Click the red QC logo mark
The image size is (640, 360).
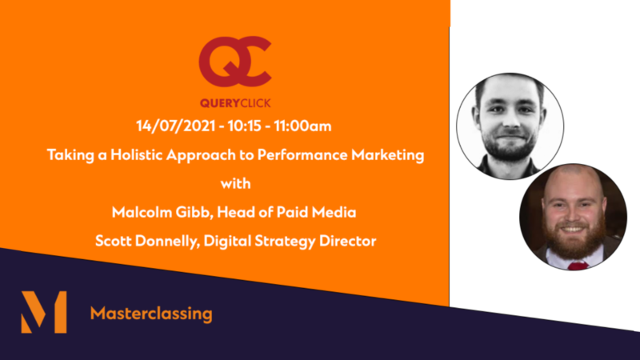pos(235,62)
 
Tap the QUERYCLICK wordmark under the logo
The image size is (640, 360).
pos(235,103)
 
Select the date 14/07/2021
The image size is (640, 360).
pos(175,126)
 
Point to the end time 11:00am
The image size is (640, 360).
pos(302,126)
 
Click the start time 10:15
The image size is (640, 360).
pos(245,126)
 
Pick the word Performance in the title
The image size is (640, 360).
pos(302,155)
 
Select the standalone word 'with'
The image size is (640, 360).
pos(235,184)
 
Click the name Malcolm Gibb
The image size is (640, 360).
pos(161,212)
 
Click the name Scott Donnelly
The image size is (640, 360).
pos(146,241)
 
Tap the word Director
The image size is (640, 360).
pos(348,241)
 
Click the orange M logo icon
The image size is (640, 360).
pos(44,312)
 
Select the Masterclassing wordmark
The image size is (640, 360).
pos(151,314)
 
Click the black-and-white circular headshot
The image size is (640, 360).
pos(510,126)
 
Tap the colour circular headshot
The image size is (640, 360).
pos(573,217)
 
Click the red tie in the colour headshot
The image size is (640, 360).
pos(578,266)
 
